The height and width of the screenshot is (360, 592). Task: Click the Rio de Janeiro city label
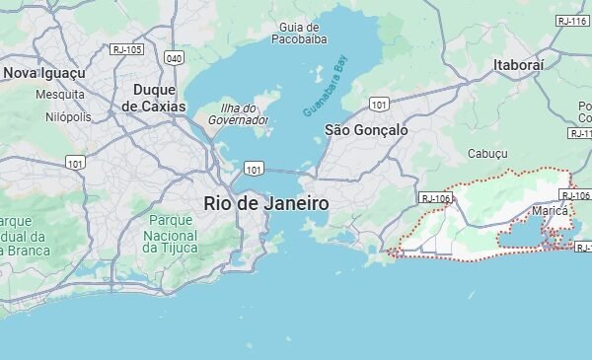click(265, 203)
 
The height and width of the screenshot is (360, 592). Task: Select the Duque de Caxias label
click(153, 97)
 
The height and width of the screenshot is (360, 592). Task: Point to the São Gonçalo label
click(366, 130)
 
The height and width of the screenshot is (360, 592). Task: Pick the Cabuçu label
click(487, 154)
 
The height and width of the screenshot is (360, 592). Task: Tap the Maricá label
click(550, 211)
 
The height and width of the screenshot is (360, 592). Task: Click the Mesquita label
click(60, 95)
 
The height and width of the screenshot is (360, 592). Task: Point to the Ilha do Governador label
click(238, 113)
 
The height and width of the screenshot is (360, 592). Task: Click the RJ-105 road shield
click(127, 48)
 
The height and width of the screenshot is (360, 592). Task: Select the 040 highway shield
click(175, 58)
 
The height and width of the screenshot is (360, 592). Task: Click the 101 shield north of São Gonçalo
click(379, 103)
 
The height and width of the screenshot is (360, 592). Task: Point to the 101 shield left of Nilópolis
click(75, 162)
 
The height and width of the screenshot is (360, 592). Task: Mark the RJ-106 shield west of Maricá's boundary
click(435, 198)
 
